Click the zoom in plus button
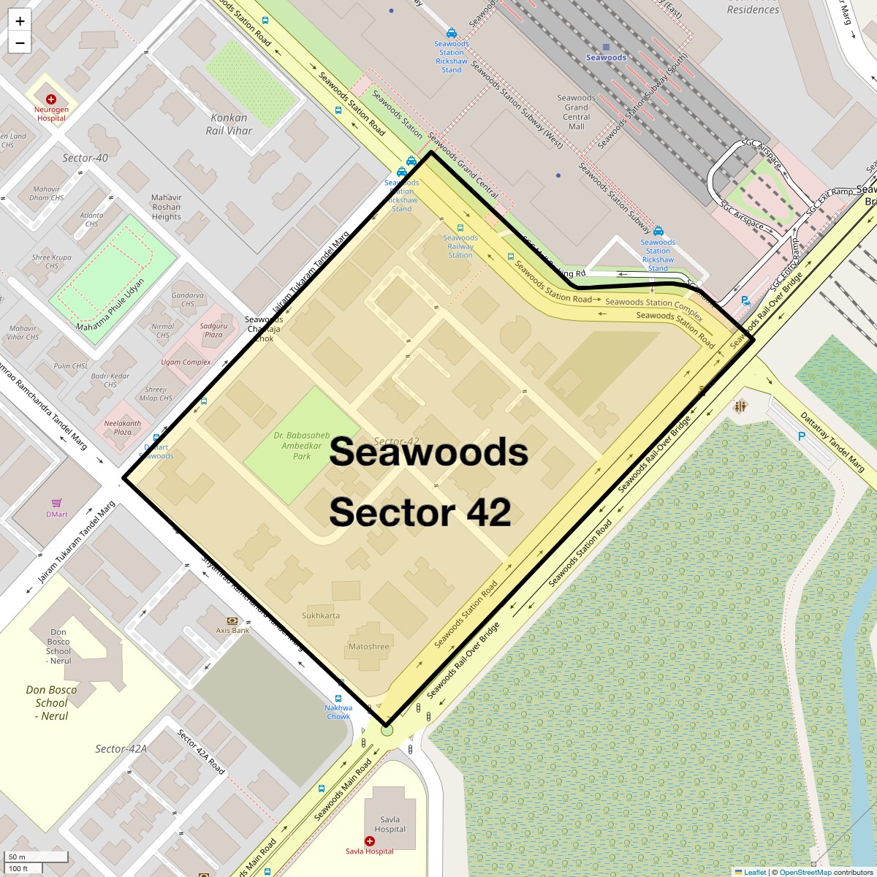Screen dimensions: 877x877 (20, 21)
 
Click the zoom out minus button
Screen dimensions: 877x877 (20, 42)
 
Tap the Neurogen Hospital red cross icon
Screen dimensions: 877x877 (50, 99)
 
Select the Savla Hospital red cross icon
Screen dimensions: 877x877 (369, 841)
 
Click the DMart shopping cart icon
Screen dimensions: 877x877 (56, 503)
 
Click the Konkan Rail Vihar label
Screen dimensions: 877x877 (229, 124)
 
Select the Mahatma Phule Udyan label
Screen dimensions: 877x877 (110, 304)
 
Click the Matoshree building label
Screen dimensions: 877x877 (368, 646)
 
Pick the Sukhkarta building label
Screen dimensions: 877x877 (321, 615)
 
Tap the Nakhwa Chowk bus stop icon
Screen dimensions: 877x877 (338, 699)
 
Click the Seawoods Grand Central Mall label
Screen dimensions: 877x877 (576, 112)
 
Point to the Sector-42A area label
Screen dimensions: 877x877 (121, 748)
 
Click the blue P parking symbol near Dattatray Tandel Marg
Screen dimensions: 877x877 (801, 436)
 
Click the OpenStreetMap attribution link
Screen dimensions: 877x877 (805, 872)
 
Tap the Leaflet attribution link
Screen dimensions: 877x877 (754, 872)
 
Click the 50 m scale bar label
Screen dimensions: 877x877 (17, 857)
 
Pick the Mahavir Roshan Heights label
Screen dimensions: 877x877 (167, 207)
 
